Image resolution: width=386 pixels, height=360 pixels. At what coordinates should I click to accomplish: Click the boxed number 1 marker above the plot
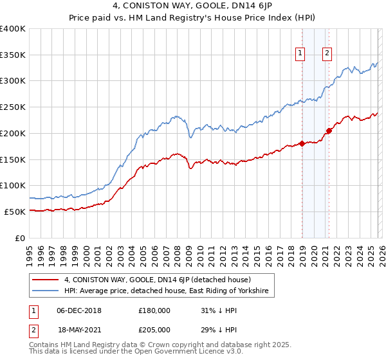(x=301, y=53)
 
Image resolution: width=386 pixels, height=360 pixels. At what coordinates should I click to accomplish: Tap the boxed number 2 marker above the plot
(x=327, y=53)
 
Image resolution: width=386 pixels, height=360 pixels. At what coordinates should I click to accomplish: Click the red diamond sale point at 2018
(x=302, y=144)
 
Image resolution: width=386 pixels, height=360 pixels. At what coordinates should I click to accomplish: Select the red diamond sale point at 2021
(x=329, y=131)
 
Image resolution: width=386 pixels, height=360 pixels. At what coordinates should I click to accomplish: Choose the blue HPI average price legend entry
(x=169, y=292)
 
